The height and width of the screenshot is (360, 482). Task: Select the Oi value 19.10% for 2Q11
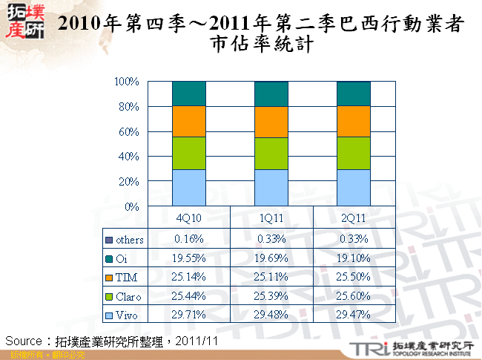click(354, 258)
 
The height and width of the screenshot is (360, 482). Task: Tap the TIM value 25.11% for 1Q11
click(271, 277)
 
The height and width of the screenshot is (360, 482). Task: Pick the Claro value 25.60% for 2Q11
click(354, 296)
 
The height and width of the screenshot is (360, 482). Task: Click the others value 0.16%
click(189, 238)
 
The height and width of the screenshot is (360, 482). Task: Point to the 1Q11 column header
click(271, 219)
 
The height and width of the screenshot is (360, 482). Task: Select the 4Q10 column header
click(189, 219)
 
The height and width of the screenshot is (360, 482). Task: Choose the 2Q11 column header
click(354, 219)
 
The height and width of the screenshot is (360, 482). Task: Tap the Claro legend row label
click(129, 296)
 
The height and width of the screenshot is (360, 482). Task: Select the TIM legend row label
click(127, 277)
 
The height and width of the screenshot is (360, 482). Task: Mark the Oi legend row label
click(122, 258)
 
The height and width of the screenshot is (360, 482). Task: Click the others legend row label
click(130, 239)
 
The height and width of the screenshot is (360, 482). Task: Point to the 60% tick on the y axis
click(130, 131)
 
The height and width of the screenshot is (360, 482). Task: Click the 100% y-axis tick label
click(128, 81)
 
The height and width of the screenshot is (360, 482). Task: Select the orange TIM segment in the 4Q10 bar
click(189, 121)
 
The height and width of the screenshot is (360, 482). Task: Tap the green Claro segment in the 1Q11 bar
click(271, 153)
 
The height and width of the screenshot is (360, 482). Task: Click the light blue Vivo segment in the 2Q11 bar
click(354, 187)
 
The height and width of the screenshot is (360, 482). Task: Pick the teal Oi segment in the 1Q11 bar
click(271, 94)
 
